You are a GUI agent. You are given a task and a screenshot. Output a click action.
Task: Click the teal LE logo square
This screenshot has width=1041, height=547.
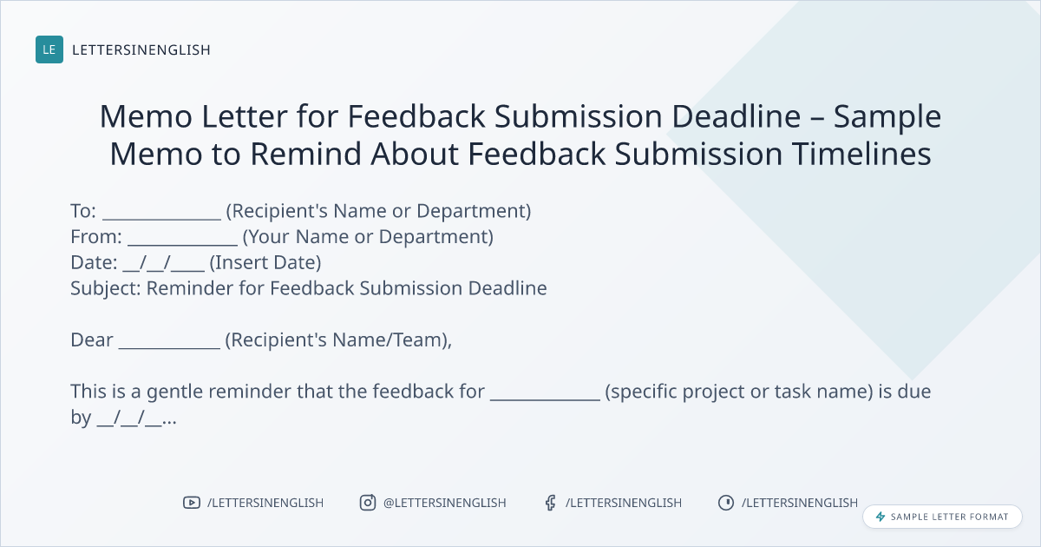(x=49, y=49)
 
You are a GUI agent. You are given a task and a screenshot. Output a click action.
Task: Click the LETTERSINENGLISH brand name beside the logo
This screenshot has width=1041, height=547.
(x=141, y=49)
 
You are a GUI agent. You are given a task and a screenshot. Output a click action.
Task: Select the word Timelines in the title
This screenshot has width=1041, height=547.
(x=861, y=154)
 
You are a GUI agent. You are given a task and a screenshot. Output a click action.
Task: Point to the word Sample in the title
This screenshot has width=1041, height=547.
(x=887, y=117)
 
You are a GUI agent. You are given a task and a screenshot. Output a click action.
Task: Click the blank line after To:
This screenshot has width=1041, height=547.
(x=161, y=219)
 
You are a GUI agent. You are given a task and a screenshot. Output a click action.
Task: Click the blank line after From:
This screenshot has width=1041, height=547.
(x=183, y=245)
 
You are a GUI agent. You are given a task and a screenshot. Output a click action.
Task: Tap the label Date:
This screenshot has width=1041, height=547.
(x=94, y=262)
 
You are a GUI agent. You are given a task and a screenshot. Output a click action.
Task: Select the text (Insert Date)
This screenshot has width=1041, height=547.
(x=265, y=263)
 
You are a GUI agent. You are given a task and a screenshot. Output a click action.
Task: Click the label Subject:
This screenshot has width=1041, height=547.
(x=106, y=288)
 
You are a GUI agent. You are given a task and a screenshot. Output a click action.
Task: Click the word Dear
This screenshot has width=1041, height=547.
(x=92, y=340)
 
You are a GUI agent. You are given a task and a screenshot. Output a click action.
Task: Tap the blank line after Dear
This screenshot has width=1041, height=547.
(x=169, y=348)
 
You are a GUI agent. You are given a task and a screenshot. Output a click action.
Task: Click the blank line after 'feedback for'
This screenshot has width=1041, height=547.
(x=545, y=399)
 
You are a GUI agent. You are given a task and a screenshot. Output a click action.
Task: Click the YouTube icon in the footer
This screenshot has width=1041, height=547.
(x=192, y=503)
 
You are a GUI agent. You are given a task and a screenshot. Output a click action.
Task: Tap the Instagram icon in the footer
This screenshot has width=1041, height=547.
(x=368, y=503)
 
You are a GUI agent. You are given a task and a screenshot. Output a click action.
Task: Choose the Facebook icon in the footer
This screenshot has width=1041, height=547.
(x=551, y=503)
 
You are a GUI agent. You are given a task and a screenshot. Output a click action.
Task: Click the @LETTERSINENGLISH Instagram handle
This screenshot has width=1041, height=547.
(x=445, y=503)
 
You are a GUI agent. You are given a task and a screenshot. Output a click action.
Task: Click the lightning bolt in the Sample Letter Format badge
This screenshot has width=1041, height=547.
(x=881, y=517)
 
